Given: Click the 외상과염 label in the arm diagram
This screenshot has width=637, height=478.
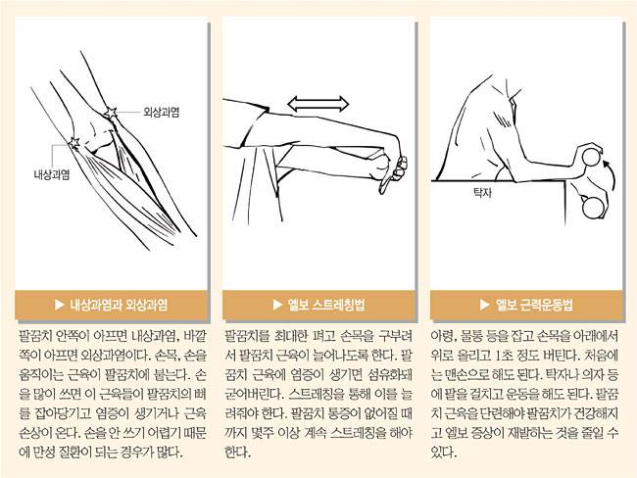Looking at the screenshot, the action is tap(162, 112).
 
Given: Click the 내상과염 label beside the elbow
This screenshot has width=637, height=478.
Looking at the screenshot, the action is tap(52, 174).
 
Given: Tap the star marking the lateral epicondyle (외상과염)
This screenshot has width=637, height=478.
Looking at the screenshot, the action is tap(111, 113).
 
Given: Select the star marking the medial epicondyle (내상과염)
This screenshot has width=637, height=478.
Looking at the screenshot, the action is tap(73, 143).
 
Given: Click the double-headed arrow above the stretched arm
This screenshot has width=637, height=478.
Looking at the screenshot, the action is tap(318, 104).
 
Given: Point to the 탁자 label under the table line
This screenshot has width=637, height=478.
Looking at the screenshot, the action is tap(482, 192).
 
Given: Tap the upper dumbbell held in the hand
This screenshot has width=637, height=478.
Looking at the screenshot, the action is tap(591, 157).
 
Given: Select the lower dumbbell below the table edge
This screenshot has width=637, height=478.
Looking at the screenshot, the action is tap(593, 208).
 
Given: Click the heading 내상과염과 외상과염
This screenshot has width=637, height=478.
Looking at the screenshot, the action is tap(119, 305).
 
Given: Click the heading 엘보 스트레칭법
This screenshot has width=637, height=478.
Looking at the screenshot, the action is tap(325, 305).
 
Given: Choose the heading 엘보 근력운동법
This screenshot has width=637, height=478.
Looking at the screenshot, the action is tap(534, 305).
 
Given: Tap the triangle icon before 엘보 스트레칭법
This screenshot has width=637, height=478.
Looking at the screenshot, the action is tap(277, 305).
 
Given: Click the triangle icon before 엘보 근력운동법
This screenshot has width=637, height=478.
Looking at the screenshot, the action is tap(485, 305).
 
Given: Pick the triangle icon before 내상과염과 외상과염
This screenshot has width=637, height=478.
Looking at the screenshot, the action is tap(60, 305).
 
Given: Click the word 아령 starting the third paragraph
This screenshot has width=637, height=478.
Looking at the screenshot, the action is tap(440, 336).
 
